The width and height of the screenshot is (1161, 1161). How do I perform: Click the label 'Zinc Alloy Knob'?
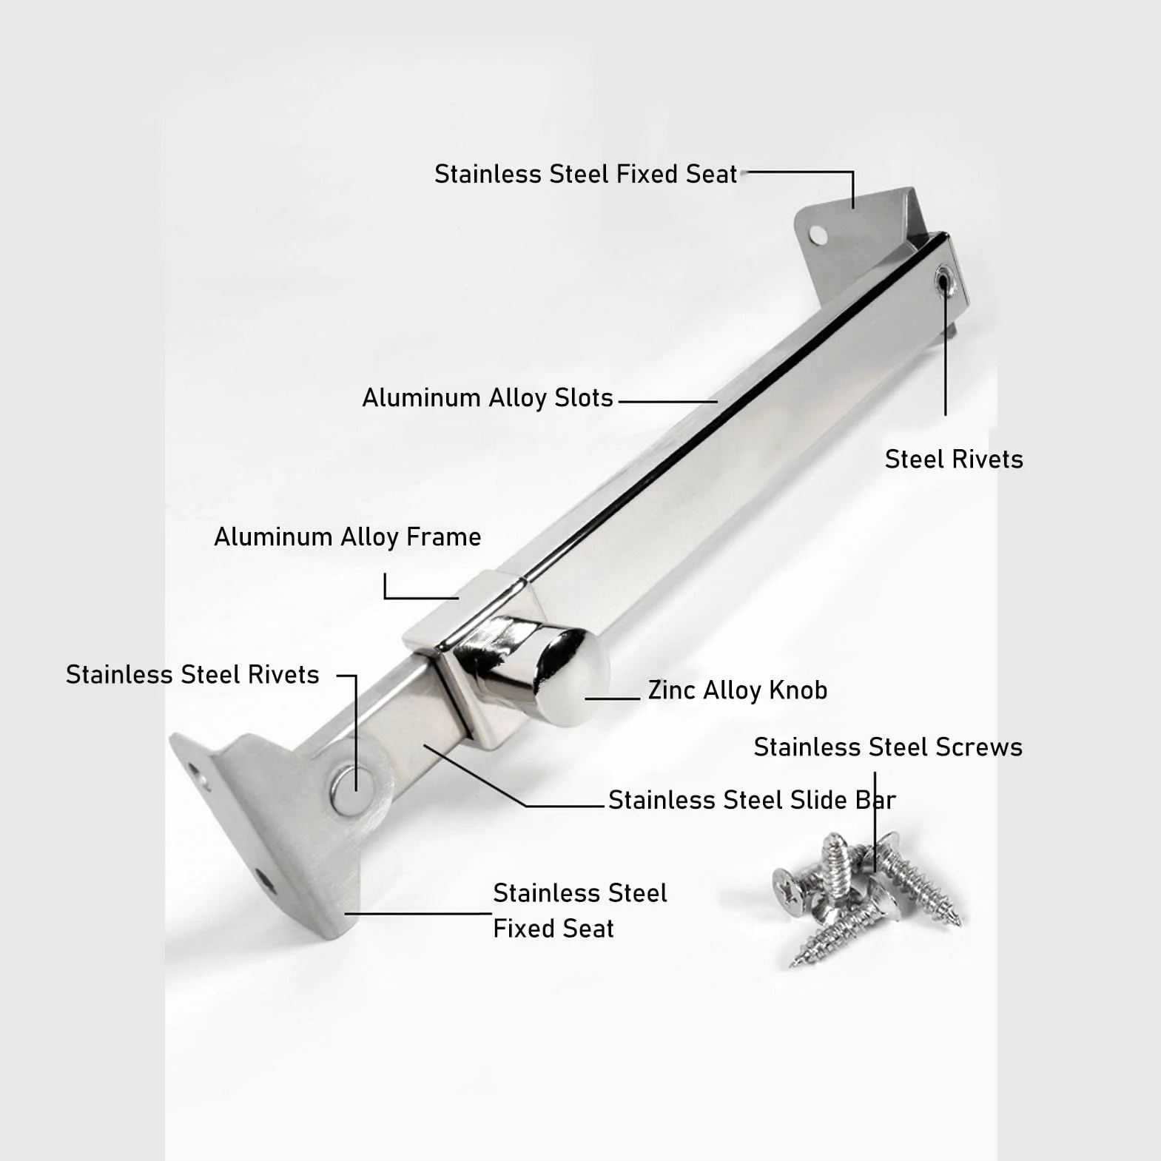point(738,690)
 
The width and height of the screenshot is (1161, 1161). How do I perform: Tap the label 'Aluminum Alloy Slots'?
point(488,398)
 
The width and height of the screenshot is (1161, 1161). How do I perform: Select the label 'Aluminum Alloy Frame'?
point(348,537)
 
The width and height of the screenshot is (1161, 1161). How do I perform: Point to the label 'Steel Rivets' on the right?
point(954,460)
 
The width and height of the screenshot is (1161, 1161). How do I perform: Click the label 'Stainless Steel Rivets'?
point(192,675)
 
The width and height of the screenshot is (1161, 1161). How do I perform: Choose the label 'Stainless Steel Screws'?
point(888,747)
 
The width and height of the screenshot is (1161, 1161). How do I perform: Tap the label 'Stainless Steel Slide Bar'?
point(752,801)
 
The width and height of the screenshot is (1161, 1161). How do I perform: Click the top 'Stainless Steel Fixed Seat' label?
point(586,175)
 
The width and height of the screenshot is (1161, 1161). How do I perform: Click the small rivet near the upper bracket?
point(943,283)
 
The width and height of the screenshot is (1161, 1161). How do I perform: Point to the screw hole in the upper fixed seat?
point(818,235)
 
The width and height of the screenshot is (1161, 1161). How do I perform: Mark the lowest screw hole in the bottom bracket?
point(264,881)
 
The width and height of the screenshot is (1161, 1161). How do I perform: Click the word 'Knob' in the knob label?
point(798,690)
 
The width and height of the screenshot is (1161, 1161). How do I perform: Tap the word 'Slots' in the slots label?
point(584,398)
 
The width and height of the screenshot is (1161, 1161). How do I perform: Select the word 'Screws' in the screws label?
point(979,747)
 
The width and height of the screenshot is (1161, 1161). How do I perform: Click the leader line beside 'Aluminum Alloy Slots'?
point(667,402)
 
